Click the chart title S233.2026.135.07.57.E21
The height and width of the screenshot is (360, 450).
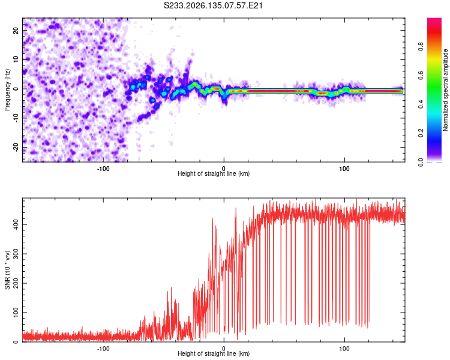[x=213, y=5]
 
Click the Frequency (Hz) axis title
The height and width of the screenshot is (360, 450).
[x=7, y=90]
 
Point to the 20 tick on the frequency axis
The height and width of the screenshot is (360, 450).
[x=16, y=30]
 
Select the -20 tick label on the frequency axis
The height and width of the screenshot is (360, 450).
[x=16, y=147]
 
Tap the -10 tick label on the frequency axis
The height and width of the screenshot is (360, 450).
[x=16, y=118]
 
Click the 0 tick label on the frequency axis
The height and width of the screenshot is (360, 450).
[x=16, y=89]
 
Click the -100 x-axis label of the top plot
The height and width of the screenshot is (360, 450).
[x=103, y=169]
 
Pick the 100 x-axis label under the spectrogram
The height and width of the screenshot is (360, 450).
[x=344, y=169]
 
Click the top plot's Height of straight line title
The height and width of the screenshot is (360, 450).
[x=214, y=173]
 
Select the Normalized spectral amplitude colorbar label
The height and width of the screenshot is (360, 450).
[x=445, y=90]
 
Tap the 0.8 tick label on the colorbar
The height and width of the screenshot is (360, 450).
[x=421, y=47]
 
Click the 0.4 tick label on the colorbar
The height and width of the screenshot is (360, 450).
[x=421, y=104]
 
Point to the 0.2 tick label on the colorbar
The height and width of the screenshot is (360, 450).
[x=421, y=133]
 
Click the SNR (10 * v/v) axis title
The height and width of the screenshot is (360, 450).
[x=7, y=270]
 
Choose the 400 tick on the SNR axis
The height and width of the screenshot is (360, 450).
[x=16, y=224]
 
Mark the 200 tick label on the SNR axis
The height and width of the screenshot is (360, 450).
[x=16, y=283]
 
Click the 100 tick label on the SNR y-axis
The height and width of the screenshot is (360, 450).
[x=16, y=313]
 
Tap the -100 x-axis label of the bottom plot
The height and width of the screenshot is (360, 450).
[x=103, y=349]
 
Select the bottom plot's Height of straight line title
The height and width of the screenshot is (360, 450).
[x=214, y=353]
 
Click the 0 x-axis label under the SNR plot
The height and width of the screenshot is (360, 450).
[x=224, y=349]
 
